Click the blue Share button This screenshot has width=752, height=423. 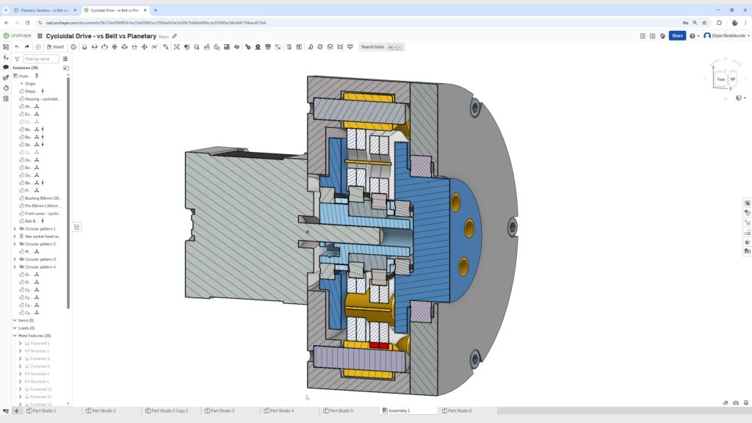coord(676,35)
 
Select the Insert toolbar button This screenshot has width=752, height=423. coord(56,47)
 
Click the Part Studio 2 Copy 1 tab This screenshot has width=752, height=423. coord(170,411)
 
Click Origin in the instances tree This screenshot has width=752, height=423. coord(30,84)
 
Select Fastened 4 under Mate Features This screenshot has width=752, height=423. coord(40,366)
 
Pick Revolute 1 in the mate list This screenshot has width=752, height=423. coord(40,382)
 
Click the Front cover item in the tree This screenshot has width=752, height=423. coord(43,214)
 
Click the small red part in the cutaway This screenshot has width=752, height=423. coord(378,344)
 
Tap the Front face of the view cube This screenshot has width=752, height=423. coord(720,79)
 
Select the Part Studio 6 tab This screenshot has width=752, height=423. coord(459,411)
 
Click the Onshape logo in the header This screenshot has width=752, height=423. coord(18,35)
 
